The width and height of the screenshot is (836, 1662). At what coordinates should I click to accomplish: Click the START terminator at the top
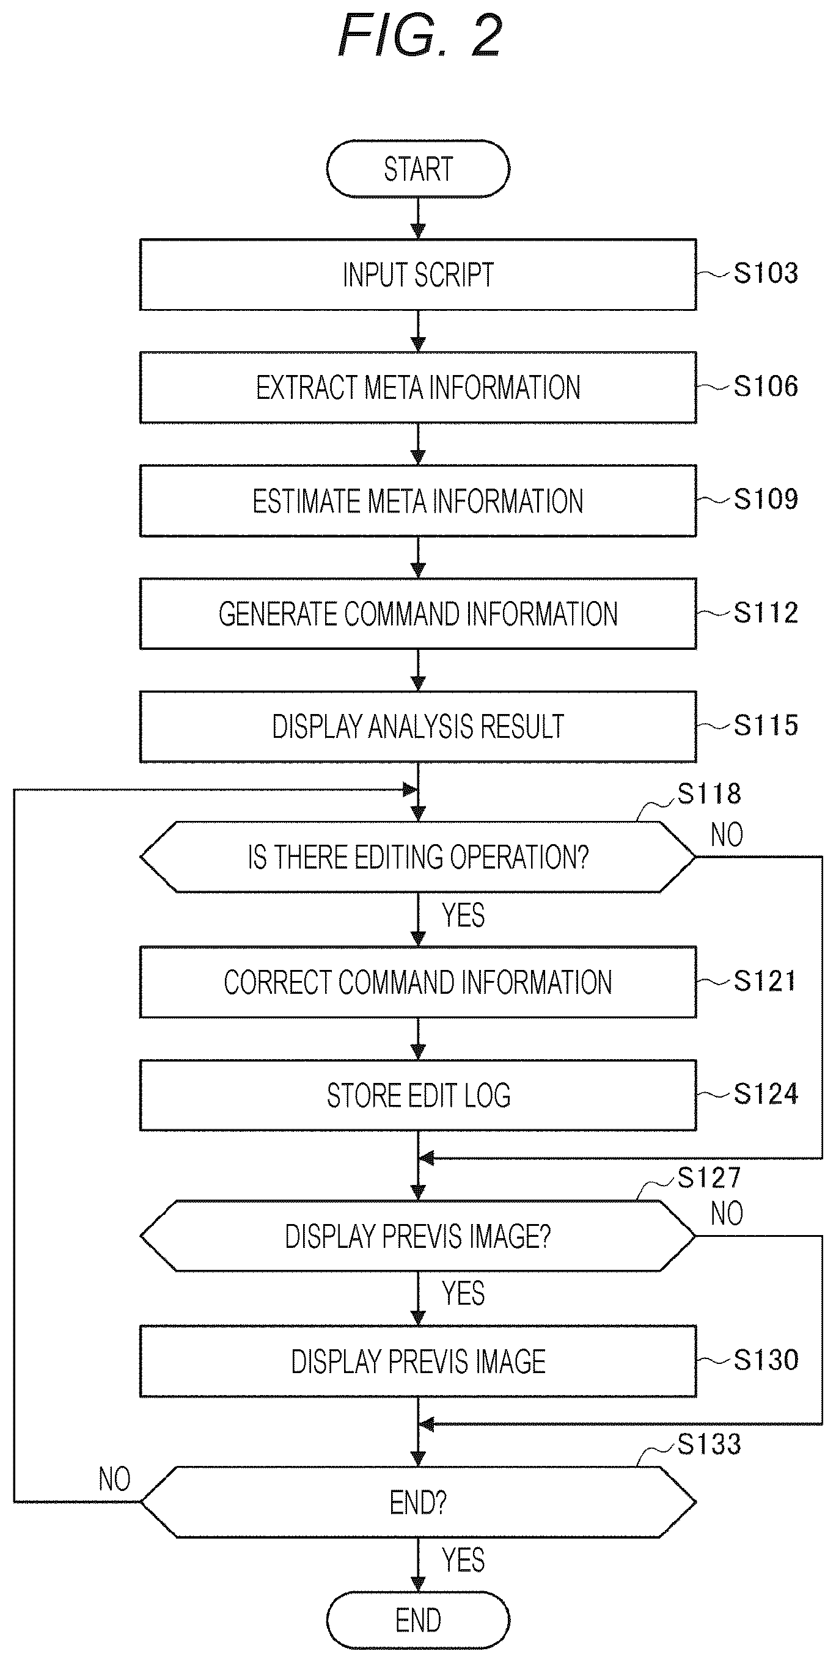click(417, 169)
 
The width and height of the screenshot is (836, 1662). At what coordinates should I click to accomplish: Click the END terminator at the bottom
click(417, 1620)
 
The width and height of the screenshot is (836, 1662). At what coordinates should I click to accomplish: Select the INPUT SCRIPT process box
click(417, 275)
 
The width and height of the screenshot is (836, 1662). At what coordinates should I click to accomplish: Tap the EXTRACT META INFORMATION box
click(417, 388)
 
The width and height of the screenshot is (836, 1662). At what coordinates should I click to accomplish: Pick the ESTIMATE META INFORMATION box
click(417, 501)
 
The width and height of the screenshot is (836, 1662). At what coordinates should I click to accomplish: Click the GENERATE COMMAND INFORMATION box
click(417, 614)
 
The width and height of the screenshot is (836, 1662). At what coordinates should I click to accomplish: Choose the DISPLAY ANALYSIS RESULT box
click(417, 726)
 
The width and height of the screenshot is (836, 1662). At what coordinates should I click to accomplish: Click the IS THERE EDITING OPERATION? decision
click(417, 857)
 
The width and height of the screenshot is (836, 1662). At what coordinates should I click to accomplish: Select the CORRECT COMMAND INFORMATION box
click(417, 982)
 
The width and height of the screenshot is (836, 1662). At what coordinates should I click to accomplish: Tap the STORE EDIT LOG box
click(417, 1095)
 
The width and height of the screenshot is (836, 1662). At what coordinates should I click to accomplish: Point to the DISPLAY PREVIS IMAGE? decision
click(417, 1236)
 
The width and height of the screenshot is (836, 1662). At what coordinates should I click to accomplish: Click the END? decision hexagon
click(417, 1502)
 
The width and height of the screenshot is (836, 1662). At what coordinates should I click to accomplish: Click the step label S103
click(766, 274)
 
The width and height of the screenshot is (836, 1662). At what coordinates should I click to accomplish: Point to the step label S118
click(709, 793)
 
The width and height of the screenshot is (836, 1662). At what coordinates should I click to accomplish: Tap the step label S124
click(766, 1093)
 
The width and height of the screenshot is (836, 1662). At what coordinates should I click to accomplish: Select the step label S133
click(709, 1444)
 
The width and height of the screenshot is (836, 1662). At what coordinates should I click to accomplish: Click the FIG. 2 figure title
click(420, 36)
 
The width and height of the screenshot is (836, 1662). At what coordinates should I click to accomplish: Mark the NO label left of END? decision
click(114, 1479)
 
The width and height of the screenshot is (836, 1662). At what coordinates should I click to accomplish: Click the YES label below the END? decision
click(463, 1560)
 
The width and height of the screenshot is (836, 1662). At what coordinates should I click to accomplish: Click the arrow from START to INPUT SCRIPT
click(417, 218)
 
